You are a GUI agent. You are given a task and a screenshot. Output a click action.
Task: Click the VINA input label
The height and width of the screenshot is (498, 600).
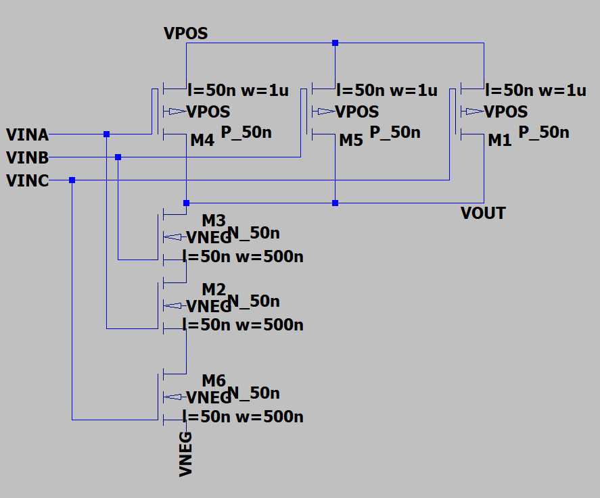(x=27, y=134)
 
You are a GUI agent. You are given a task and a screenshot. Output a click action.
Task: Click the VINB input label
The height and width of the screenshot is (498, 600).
(x=27, y=158)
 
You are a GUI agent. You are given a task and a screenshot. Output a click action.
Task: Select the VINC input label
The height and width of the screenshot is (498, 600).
(x=27, y=180)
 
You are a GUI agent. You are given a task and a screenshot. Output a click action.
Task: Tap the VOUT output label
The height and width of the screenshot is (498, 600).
(x=482, y=214)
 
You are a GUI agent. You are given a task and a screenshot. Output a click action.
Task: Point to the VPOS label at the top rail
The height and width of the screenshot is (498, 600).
(x=185, y=33)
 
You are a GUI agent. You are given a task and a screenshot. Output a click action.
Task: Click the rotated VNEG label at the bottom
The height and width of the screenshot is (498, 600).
(x=186, y=454)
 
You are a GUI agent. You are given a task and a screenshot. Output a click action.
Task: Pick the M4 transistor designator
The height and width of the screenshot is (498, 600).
(x=202, y=141)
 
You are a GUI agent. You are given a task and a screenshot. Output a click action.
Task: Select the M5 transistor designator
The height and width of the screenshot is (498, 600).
(x=351, y=141)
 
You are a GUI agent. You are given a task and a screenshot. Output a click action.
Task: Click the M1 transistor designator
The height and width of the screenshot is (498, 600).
(x=500, y=141)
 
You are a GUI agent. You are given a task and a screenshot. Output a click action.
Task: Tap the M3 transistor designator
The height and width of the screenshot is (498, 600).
(x=214, y=221)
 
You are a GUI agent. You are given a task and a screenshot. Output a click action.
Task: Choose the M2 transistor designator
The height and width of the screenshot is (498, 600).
(x=214, y=290)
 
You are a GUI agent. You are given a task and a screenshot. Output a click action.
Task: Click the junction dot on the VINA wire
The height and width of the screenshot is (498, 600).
(x=106, y=134)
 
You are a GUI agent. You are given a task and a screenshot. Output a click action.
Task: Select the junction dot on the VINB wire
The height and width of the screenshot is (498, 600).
(x=118, y=157)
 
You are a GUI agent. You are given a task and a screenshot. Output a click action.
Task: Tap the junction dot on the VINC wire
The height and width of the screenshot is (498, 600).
(x=72, y=180)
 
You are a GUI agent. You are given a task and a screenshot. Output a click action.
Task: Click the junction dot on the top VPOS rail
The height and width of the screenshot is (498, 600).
(x=335, y=43)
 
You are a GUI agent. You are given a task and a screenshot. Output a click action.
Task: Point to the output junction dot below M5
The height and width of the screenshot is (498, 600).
(x=335, y=203)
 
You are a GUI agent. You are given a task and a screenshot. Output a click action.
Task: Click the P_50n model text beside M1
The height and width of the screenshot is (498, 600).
(x=544, y=132)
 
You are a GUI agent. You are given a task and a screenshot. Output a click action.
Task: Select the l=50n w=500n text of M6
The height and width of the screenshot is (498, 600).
(x=243, y=416)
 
